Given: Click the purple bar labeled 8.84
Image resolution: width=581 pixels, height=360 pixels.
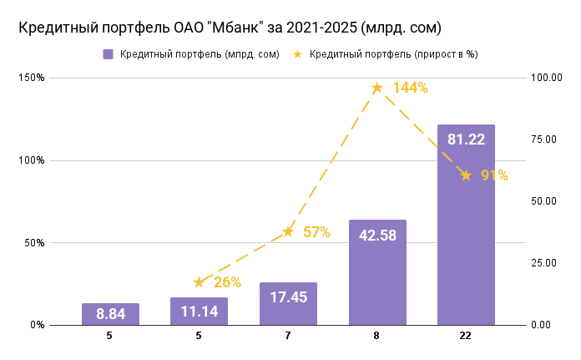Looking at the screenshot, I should pos(110,314).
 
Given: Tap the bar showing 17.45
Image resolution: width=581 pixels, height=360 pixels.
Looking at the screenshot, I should pos(288,303).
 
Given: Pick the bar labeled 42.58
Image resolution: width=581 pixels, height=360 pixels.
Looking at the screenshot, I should pos(377,272).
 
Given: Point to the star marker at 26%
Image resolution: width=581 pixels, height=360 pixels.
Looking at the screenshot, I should pos(199,282).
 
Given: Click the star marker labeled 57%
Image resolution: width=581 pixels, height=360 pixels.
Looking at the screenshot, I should pos(288,231).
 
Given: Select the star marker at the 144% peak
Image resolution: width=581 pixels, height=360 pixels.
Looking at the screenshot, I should pos(377,88).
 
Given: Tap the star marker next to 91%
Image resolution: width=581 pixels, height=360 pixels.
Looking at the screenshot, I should pos(466,175).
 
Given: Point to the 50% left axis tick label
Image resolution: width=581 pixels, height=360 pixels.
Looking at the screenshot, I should pos(36,243).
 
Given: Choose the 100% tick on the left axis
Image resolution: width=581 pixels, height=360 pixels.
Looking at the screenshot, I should pos(33,160).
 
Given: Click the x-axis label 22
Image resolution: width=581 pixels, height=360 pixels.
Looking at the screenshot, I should pos(466,336).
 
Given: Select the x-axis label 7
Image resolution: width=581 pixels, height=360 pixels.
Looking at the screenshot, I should pos(288,336).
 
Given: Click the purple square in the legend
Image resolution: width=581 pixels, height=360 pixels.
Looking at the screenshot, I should pos(108,54).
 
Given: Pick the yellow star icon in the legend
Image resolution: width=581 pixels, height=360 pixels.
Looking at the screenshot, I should pos(297,54).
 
